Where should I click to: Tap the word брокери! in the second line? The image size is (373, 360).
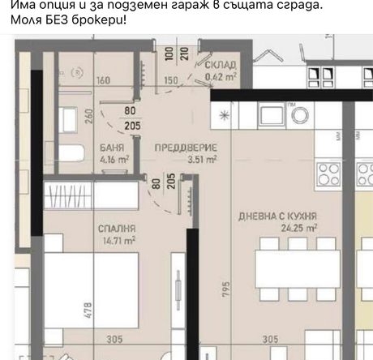click(x=98, y=20)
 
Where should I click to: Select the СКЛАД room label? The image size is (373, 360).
click(x=221, y=65)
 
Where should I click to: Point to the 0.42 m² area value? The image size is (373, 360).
click(x=221, y=77)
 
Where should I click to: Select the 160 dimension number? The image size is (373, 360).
click(x=103, y=80)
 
